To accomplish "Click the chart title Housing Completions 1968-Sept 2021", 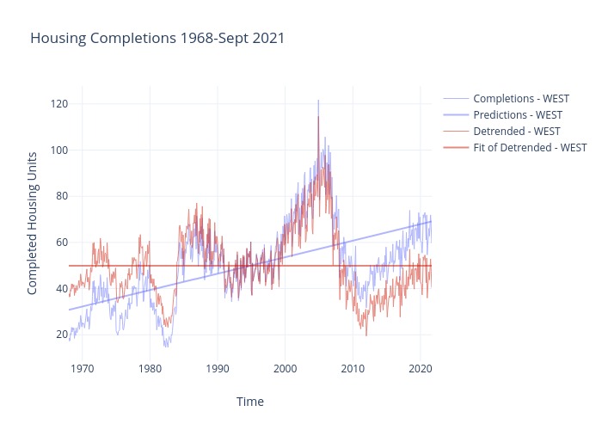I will (x=157, y=39).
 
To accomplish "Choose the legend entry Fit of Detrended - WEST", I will (x=530, y=147).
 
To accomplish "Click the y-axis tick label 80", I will (x=62, y=196).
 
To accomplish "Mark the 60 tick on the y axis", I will (x=62, y=243).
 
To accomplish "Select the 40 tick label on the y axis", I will (x=62, y=288).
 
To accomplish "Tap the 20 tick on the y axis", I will (x=62, y=335).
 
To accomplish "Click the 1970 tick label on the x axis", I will (x=83, y=369).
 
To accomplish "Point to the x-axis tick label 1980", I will (x=150, y=369).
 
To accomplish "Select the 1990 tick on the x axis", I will (x=218, y=369).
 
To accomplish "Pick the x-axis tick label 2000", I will (x=285, y=369).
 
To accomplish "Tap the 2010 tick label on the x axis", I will (x=353, y=369).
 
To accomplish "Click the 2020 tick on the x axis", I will (x=420, y=369).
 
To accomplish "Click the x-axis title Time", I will (x=250, y=402).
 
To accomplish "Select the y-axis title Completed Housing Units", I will (x=32, y=223).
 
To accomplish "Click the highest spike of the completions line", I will (x=318, y=101).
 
